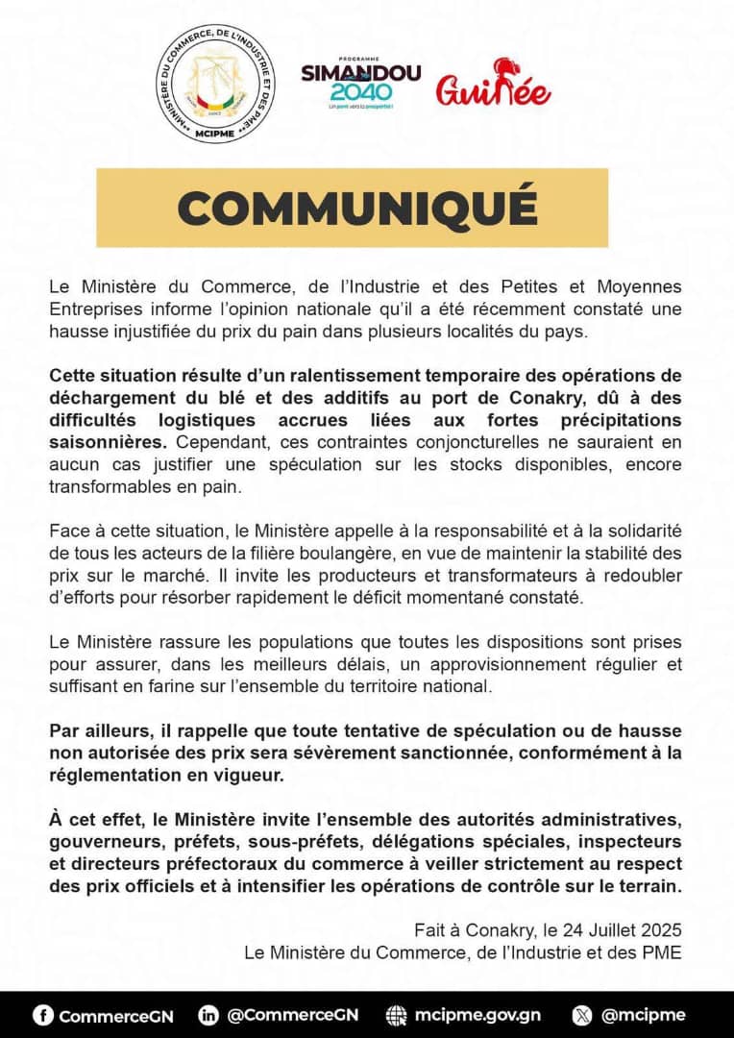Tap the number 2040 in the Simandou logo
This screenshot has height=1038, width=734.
360,92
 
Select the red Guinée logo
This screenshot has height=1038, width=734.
494,86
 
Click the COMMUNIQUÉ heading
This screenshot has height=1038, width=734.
352,208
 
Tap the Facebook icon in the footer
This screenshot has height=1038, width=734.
42,1015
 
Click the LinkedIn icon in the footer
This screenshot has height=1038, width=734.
208,1015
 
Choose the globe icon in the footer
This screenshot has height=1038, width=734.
396,1015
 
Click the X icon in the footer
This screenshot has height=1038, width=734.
582,1015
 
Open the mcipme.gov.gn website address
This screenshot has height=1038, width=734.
477,1015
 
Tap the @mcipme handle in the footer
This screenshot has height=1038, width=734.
643,1015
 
